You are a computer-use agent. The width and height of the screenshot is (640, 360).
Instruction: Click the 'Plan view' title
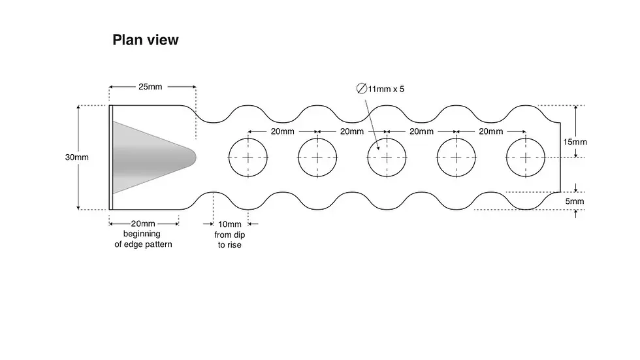pos(145,40)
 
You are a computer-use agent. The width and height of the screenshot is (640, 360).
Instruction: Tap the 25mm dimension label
pos(150,86)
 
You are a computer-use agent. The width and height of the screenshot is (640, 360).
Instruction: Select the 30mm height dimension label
pos(77,157)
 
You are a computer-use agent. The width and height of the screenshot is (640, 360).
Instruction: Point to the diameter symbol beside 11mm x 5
pos(362,89)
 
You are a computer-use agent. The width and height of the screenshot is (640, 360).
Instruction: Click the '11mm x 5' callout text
pos(386,89)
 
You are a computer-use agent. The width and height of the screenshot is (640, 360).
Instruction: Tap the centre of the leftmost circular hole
pos(248,157)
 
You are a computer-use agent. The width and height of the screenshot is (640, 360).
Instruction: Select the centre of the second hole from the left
pos(317,157)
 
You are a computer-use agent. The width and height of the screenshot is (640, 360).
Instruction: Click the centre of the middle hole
pos(387,157)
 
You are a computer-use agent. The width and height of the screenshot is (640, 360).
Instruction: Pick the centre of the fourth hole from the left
pos(456,157)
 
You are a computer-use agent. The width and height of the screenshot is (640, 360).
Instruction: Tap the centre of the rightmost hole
pos(526,157)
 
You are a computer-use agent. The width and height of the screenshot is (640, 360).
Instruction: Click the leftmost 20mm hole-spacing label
pos(282,131)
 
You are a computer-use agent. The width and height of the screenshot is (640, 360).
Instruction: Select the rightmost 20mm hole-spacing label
pos(490,131)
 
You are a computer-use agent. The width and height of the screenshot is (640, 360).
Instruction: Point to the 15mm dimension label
pos(575,142)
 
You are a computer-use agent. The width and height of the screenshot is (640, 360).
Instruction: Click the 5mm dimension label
pos(575,201)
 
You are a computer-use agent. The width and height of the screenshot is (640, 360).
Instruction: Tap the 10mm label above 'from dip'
pos(230,224)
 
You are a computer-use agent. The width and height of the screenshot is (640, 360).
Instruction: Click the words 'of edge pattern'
pos(143,244)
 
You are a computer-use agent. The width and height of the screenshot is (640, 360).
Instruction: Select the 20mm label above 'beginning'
pos(143,223)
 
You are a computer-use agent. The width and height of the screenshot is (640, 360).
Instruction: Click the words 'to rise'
pos(229,245)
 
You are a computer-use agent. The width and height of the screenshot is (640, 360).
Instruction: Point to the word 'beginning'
pos(142,234)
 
